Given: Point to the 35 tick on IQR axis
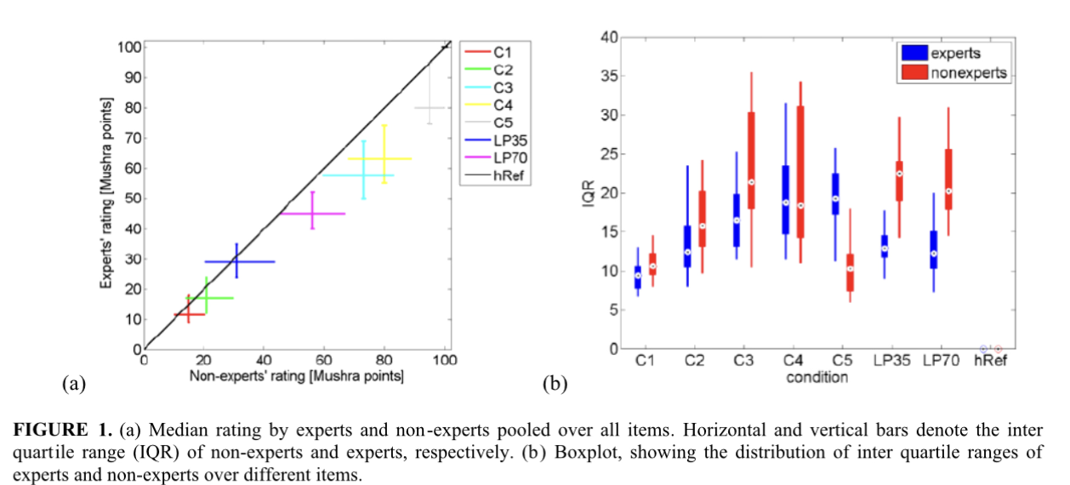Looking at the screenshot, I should point(608,76).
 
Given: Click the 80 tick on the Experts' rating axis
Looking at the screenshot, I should point(132,108).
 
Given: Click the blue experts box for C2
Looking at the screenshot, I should point(686,247).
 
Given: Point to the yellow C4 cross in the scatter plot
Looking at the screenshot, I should point(383,158).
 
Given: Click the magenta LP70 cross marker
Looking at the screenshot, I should point(312,214).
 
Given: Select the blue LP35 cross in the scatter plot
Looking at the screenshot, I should point(236,261).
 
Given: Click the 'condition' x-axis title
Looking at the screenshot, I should point(817,376).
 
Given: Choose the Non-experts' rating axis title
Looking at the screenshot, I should point(296,374).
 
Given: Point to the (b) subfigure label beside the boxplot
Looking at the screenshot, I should point(555,384).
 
